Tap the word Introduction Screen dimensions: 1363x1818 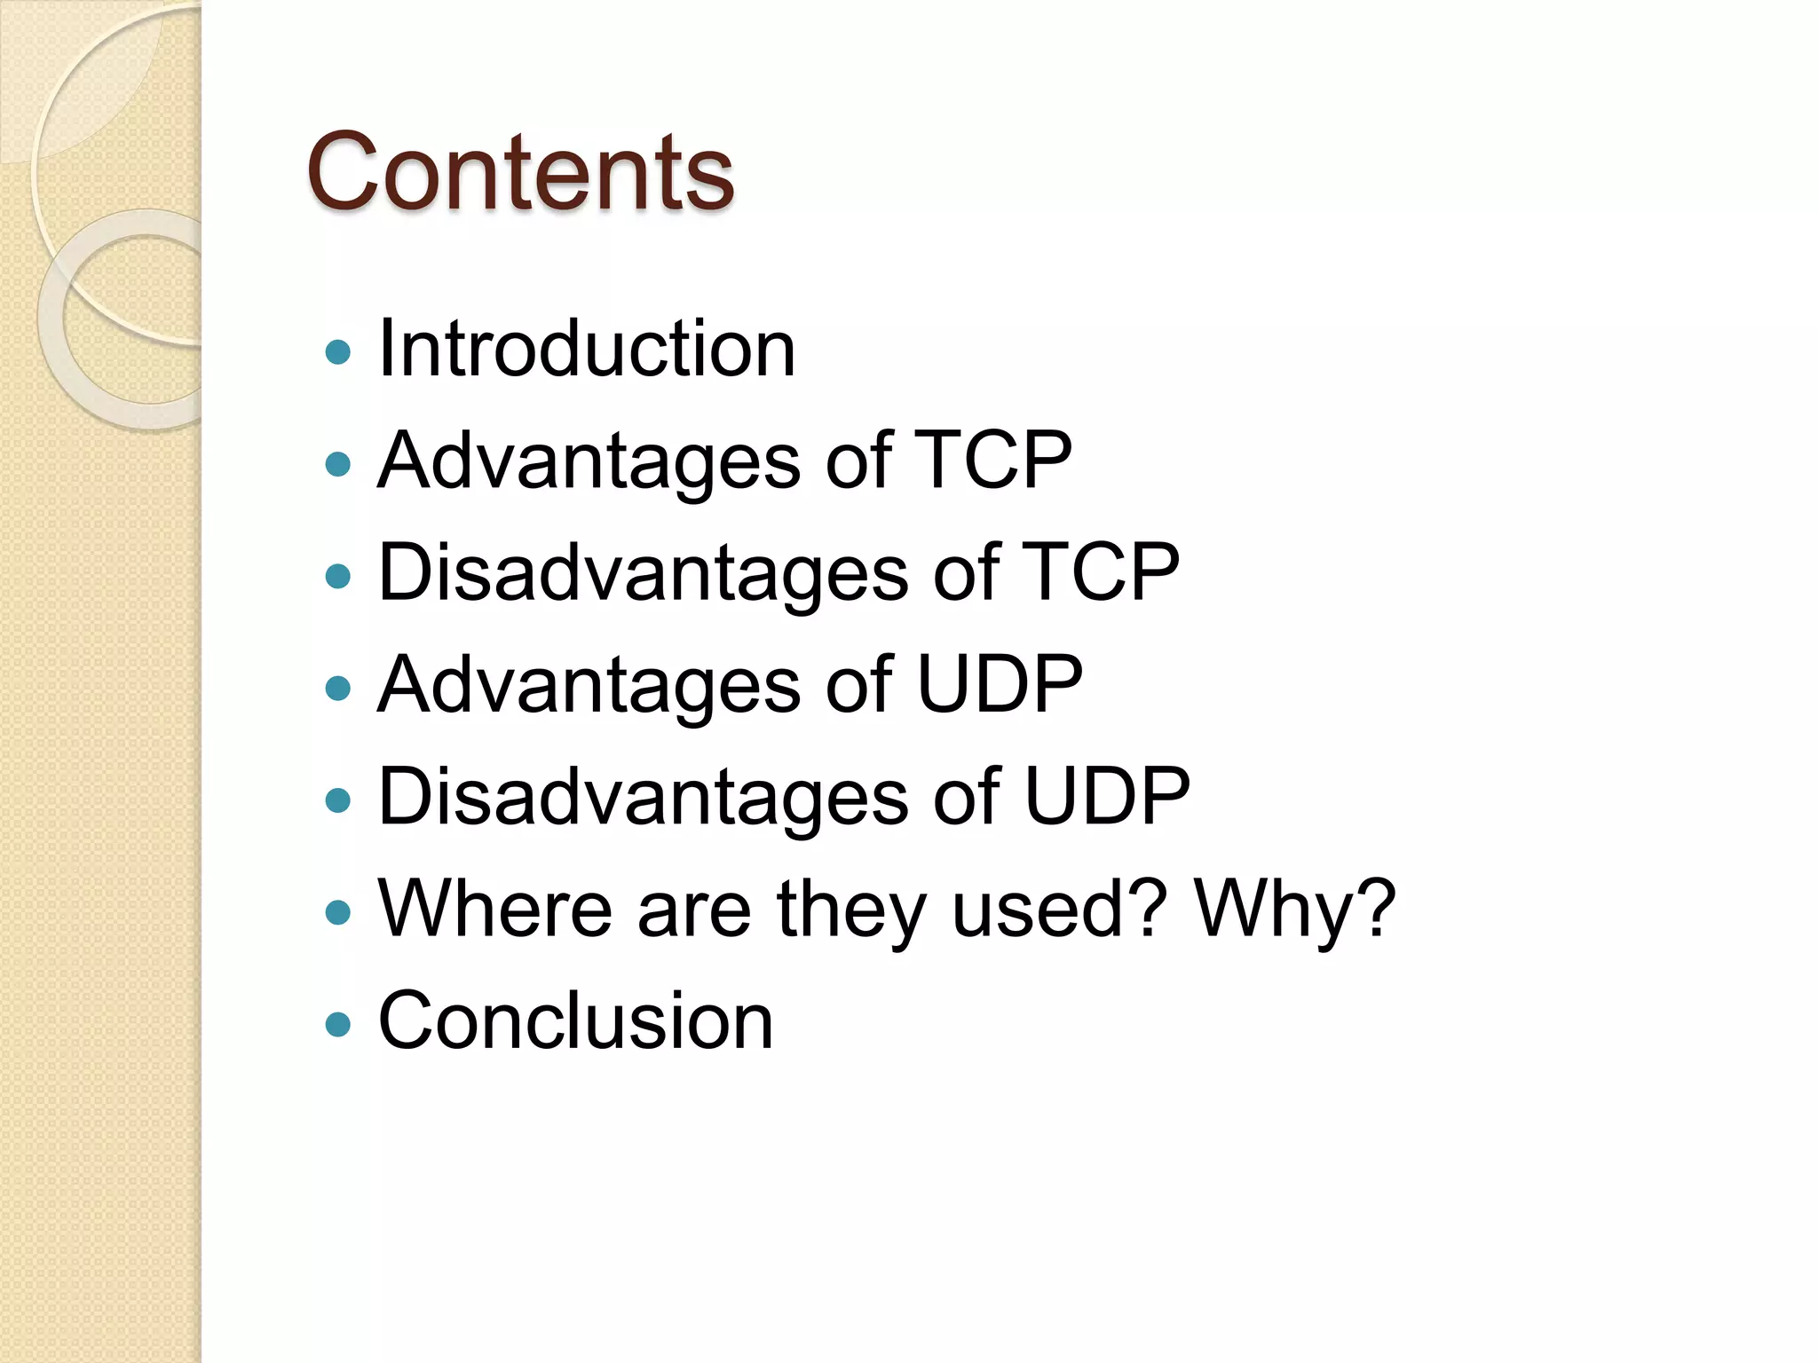586,349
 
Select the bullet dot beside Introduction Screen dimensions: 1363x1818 338,352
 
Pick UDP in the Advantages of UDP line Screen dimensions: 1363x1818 999,684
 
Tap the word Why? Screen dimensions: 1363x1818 1295,908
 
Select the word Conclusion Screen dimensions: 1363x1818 575,1020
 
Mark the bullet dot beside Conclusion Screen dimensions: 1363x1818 338,1025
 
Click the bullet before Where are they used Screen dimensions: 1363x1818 338,913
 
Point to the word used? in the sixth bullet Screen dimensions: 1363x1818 1055,908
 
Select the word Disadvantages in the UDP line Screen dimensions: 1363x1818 643,796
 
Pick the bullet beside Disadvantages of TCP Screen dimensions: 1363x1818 338,577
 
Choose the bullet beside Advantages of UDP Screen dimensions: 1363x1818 338,689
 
